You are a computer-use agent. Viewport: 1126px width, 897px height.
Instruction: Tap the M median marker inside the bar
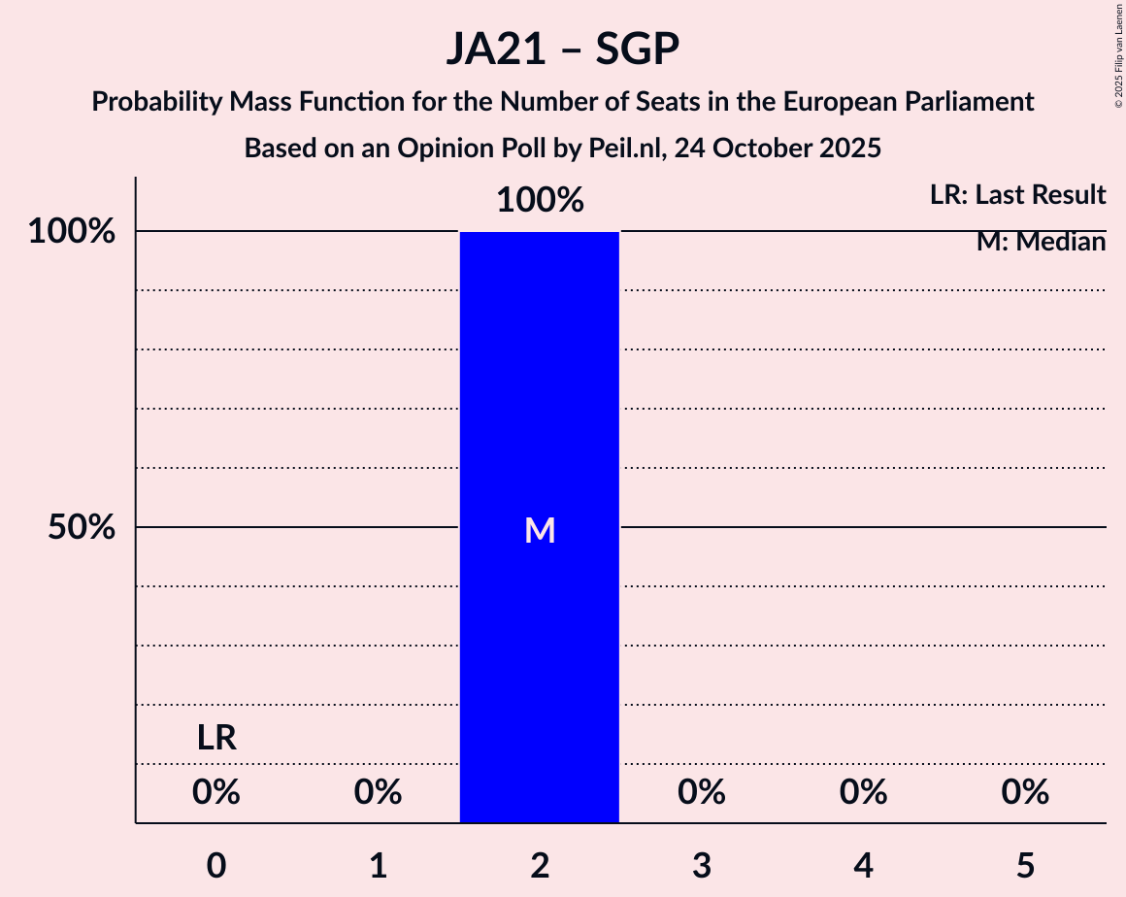pos(540,530)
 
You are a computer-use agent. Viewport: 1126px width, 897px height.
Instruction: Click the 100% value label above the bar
pos(540,201)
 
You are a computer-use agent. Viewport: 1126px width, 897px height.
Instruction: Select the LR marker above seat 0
pos(216,739)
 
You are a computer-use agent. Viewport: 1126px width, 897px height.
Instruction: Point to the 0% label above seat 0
pos(216,793)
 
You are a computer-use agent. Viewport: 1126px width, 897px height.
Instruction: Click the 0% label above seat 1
pos(378,793)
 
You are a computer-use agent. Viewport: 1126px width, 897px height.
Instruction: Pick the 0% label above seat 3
pos(702,793)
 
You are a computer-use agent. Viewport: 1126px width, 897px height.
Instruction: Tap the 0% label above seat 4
pos(863,793)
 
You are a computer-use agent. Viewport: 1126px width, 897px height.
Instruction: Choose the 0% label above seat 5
pos(1025,793)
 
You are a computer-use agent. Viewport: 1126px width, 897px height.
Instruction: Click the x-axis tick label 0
pos(216,865)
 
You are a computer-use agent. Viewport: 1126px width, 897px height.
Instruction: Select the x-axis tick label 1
pos(378,865)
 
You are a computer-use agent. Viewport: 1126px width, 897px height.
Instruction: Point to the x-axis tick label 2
pos(540,865)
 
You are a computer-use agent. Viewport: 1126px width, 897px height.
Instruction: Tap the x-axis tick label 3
pos(702,865)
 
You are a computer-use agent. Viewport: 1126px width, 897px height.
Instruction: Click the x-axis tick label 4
pos(863,865)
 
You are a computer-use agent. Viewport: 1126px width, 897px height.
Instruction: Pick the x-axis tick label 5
pos(1025,865)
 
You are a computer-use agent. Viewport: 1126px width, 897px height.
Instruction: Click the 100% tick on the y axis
pos(72,232)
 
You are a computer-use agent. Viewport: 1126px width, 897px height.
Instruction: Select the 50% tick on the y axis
pos(83,528)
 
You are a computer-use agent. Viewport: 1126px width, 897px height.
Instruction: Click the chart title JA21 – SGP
pos(563,49)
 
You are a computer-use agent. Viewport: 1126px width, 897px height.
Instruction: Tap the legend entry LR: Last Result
pos(1017,195)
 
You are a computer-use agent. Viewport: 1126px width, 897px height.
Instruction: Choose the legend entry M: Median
pos(1041,242)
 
